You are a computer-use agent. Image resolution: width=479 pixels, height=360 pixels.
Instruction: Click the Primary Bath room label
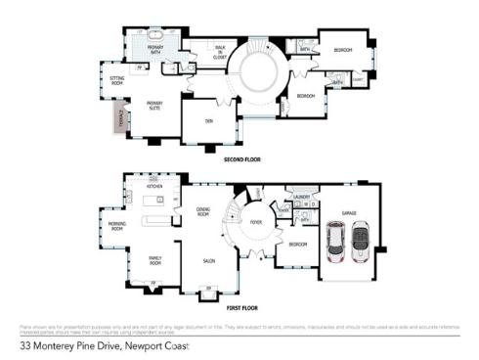pyautogui.click(x=154, y=48)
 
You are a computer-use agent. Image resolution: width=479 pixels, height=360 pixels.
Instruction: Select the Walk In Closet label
pyautogui.click(x=220, y=53)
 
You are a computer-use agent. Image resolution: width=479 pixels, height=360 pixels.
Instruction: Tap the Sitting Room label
pyautogui.click(x=117, y=82)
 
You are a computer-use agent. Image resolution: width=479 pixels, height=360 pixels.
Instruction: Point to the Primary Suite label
pyautogui.click(x=154, y=106)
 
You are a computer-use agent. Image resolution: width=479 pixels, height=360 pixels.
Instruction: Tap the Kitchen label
pyautogui.click(x=154, y=185)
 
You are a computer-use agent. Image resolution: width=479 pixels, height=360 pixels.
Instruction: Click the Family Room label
pyautogui.click(x=154, y=260)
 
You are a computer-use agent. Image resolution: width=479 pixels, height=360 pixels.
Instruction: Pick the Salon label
pyautogui.click(x=208, y=261)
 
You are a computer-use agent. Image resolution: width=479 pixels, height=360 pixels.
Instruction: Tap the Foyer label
pyautogui.click(x=256, y=223)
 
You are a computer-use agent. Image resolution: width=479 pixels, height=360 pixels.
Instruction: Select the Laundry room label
pyautogui.click(x=302, y=197)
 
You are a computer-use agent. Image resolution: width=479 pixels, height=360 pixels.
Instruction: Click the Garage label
pyautogui.click(x=348, y=211)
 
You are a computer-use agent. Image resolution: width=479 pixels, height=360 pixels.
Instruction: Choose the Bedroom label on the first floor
pyautogui.click(x=298, y=245)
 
